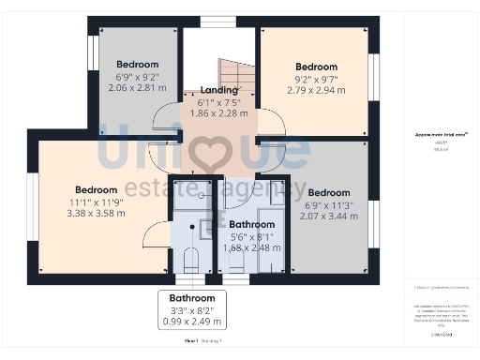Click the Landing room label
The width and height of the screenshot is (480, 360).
click(218, 89)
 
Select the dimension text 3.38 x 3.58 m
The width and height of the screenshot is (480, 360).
click(97, 213)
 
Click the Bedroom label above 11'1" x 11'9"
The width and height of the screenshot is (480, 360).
click(97, 188)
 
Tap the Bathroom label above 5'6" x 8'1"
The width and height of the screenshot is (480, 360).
click(252, 225)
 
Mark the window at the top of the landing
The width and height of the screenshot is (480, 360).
click(218, 22)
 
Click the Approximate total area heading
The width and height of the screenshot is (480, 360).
click(441, 135)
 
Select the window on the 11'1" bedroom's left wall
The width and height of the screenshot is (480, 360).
click(33, 205)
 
